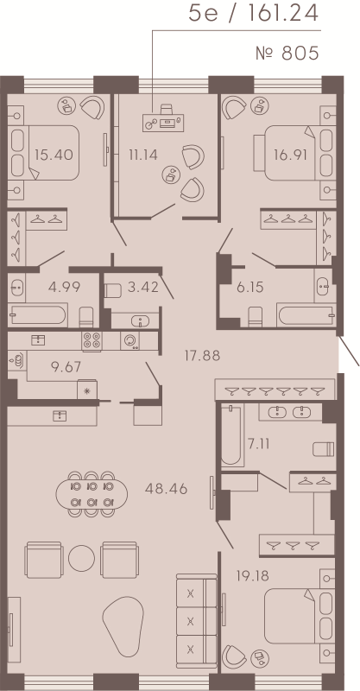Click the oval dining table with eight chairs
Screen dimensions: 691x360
[x=87, y=492]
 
